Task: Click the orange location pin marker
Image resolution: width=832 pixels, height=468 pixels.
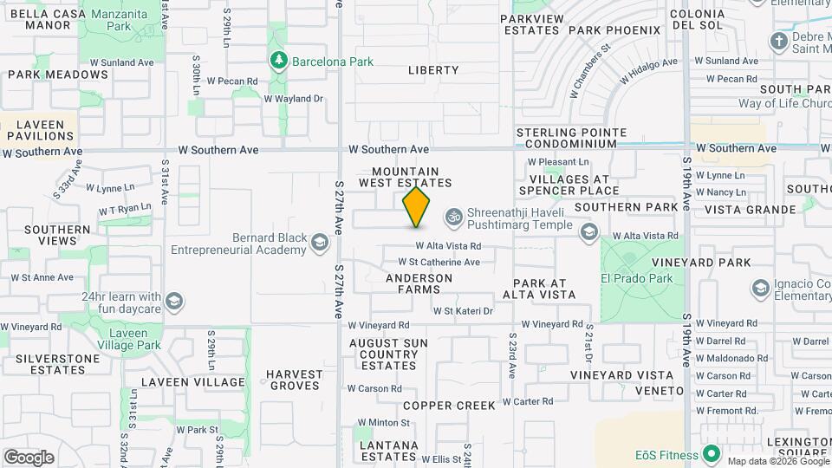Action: pyautogui.click(x=416, y=206)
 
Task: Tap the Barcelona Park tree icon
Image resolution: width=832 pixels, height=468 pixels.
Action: pyautogui.click(x=279, y=61)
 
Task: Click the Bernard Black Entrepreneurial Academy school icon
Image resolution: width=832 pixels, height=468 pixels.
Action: pyautogui.click(x=320, y=243)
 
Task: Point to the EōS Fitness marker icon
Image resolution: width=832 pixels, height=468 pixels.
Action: pyautogui.click(x=712, y=454)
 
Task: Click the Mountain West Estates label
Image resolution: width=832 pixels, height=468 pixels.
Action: pyautogui.click(x=412, y=177)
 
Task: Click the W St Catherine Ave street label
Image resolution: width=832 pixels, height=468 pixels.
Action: pyautogui.click(x=439, y=262)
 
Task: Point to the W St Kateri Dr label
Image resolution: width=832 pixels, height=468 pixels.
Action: pyautogui.click(x=463, y=310)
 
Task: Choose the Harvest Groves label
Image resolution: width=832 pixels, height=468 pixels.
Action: pyautogui.click(x=295, y=380)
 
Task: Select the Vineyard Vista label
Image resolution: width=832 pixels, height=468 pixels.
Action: pyautogui.click(x=621, y=375)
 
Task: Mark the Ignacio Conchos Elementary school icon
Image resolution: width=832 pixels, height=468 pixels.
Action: pyautogui.click(x=761, y=287)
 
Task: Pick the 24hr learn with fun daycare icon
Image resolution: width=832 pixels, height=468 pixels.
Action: pyautogui.click(x=175, y=302)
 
